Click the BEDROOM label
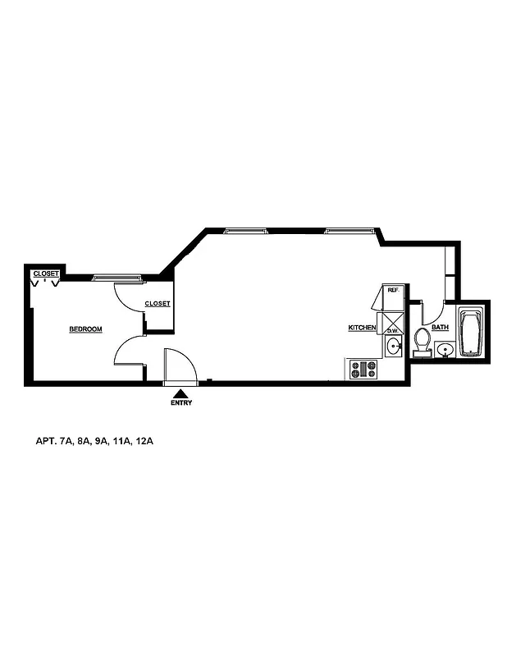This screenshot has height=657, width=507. [85, 329]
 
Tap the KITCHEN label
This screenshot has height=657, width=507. [362, 328]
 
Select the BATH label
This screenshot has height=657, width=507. [440, 328]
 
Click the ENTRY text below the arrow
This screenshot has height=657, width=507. [181, 403]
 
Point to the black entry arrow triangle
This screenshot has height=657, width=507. [181, 393]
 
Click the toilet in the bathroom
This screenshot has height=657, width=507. [422, 341]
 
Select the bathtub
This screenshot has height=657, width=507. [470, 332]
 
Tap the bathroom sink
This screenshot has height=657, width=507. [445, 351]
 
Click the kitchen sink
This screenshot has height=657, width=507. [393, 346]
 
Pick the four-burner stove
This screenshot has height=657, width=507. [363, 370]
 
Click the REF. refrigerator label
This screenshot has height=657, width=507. [392, 290]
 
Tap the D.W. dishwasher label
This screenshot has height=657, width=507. [391, 330]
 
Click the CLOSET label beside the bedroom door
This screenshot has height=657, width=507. [157, 304]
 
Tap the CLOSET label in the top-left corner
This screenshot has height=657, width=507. [45, 273]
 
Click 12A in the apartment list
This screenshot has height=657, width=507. [145, 442]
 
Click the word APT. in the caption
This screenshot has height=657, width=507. [43, 442]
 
